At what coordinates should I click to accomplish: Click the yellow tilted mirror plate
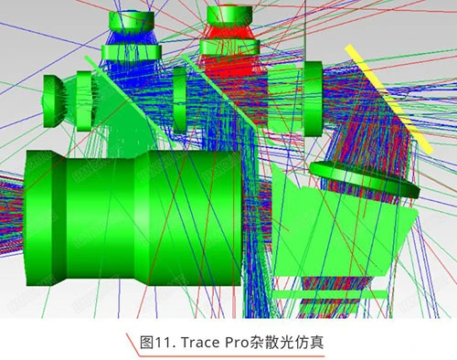click(388, 100)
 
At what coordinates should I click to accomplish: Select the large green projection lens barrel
click(134, 217)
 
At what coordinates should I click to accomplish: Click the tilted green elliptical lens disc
click(365, 179)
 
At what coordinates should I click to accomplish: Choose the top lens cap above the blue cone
click(132, 21)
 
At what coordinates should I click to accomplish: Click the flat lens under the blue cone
click(132, 52)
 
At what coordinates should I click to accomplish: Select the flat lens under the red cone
click(229, 48)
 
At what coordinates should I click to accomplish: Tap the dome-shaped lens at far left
click(52, 101)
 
